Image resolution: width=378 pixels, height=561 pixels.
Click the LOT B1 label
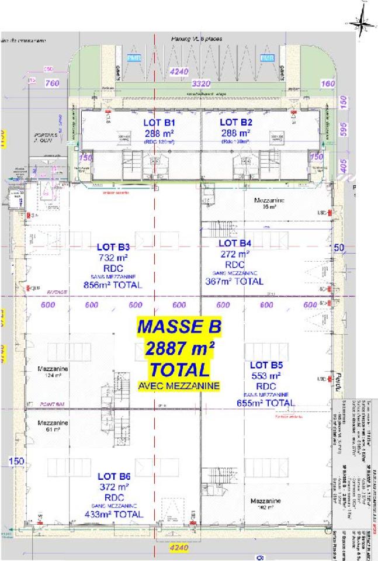click(x=159, y=123)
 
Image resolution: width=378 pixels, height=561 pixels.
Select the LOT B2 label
click(x=235, y=123)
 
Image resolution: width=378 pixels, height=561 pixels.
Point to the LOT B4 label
click(x=235, y=243)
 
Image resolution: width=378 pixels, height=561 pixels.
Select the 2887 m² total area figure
click(x=179, y=349)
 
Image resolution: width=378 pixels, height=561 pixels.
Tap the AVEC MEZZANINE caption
click(x=179, y=386)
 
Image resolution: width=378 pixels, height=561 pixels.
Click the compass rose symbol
click(x=360, y=23)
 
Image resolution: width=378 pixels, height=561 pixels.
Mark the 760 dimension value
click(x=53, y=84)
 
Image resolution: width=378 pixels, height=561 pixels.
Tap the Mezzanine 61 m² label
click(x=53, y=425)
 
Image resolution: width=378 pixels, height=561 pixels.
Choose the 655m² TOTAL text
click(x=266, y=403)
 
